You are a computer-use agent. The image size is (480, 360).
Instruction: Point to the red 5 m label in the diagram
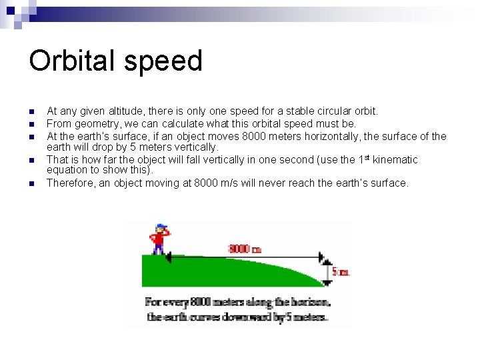(340, 271)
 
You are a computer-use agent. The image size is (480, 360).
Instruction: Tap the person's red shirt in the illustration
(159, 238)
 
